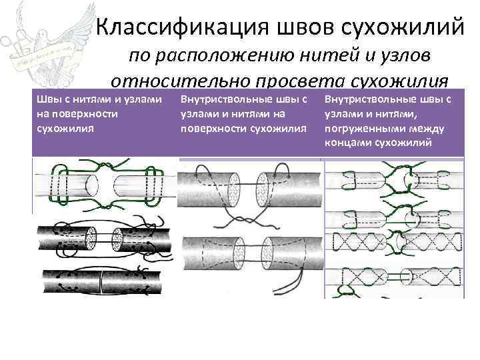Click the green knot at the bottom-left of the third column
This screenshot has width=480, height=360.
click(347, 275)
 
